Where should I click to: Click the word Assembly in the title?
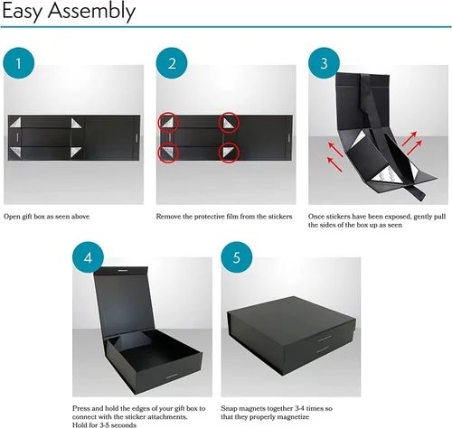[91, 12]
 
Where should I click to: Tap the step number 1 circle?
[19, 63]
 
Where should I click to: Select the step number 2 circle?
[172, 63]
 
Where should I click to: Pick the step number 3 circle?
[324, 63]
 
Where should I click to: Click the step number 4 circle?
[88, 257]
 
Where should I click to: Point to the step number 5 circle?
[237, 257]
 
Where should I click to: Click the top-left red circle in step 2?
[169, 123]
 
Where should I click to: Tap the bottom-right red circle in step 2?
[229, 153]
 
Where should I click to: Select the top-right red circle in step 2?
[229, 123]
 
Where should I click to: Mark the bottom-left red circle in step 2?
[169, 153]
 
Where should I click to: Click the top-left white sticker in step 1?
[16, 122]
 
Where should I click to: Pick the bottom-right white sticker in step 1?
[75, 152]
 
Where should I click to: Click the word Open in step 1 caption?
[12, 217]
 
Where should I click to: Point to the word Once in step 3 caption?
[316, 217]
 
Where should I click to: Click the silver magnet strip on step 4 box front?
[172, 376]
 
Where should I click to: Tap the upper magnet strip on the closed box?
[325, 339]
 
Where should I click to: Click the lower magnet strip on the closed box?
[323, 349]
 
